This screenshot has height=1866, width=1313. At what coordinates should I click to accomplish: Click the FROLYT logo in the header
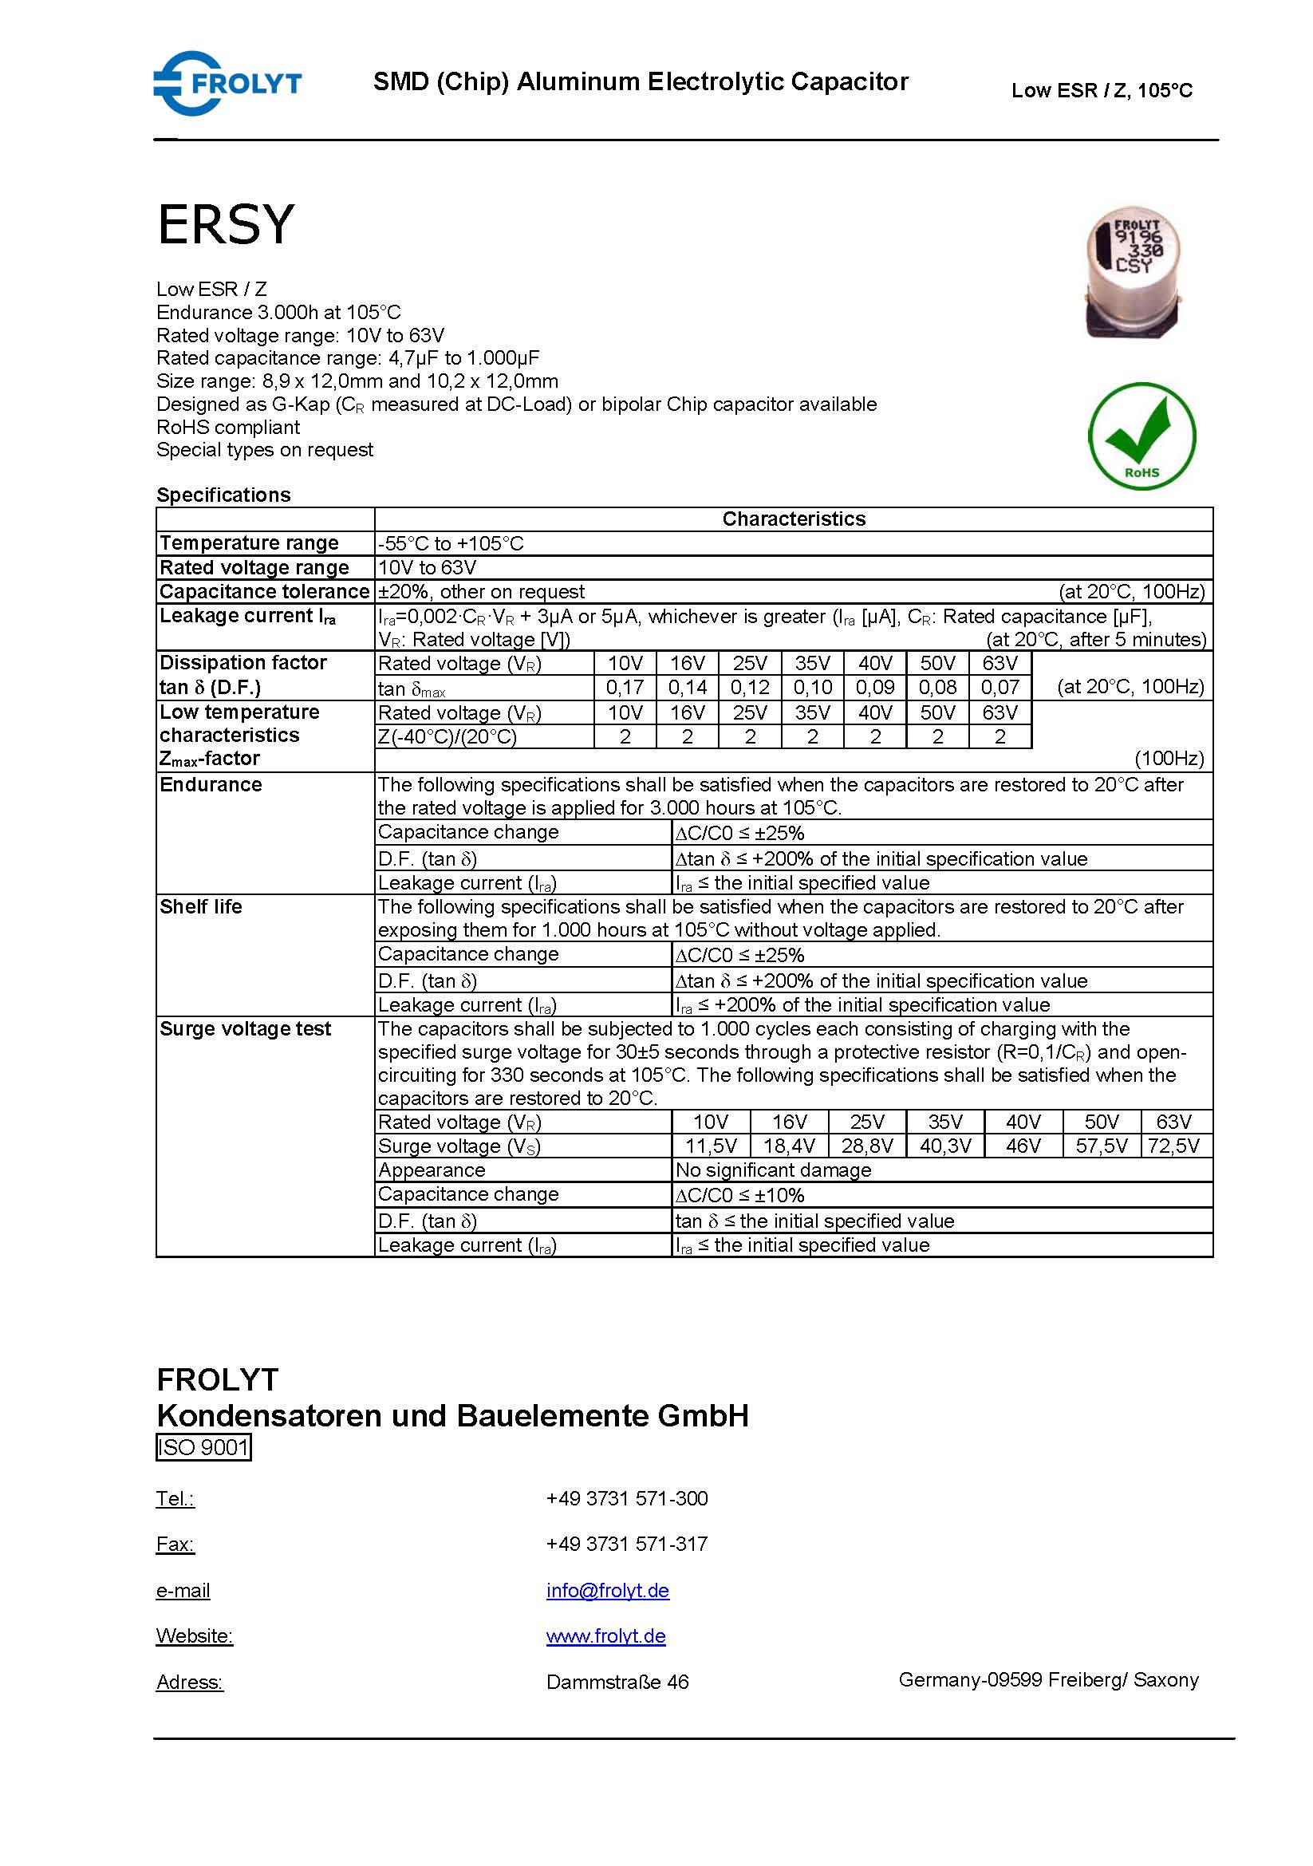click(x=227, y=83)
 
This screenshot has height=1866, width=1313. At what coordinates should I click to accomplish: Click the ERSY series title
click(x=225, y=224)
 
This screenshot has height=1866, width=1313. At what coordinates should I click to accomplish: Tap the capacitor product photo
click(x=1133, y=272)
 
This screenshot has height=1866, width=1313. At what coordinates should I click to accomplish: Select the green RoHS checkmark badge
click(x=1141, y=436)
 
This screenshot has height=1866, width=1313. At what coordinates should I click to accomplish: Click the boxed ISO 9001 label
click(x=203, y=1447)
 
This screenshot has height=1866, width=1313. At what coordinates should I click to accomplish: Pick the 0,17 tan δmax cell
click(x=625, y=688)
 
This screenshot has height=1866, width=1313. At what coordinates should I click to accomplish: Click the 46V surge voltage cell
click(x=1023, y=1146)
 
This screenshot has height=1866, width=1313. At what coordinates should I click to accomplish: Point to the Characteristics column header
click(x=793, y=519)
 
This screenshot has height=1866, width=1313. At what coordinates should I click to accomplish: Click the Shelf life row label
click(x=201, y=907)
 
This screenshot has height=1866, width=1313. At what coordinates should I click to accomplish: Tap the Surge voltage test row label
click(x=245, y=1029)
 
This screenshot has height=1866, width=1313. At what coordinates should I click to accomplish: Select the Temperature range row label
click(x=249, y=543)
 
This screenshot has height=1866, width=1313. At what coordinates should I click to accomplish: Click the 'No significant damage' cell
click(x=773, y=1170)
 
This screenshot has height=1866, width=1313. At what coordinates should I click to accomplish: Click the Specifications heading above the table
click(x=223, y=495)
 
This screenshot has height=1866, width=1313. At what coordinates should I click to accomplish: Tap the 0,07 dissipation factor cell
click(x=1000, y=688)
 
